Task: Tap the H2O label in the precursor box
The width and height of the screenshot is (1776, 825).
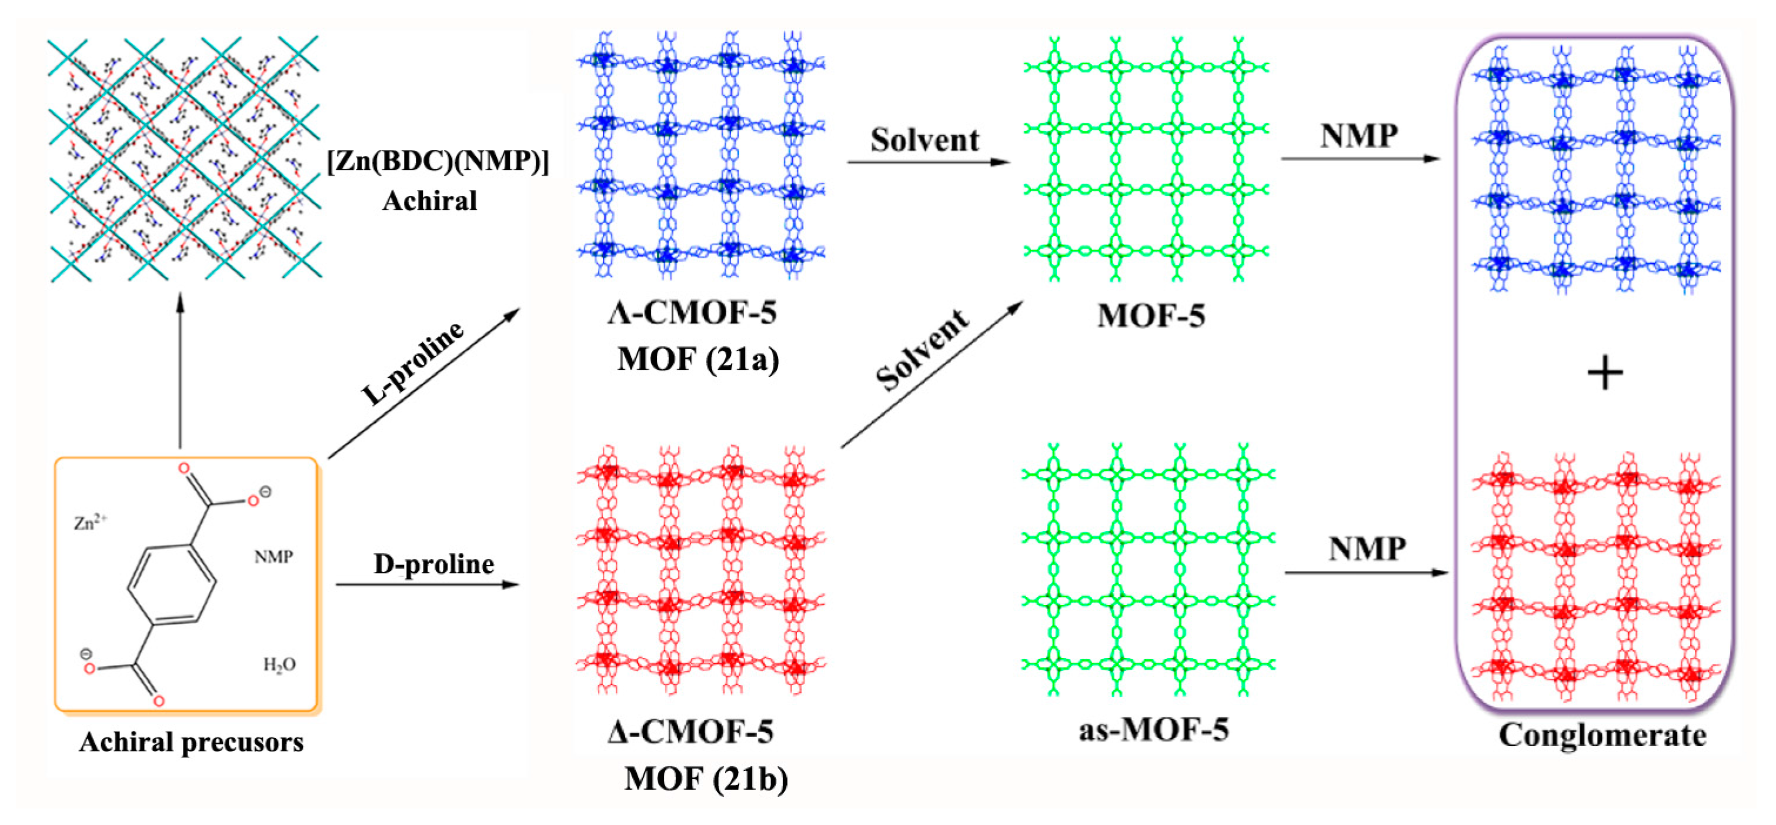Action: click(x=279, y=664)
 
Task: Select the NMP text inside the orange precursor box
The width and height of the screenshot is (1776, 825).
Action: click(x=273, y=556)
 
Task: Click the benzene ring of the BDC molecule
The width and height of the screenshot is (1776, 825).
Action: click(x=172, y=585)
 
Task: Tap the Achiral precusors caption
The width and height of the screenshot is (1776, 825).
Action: click(x=191, y=742)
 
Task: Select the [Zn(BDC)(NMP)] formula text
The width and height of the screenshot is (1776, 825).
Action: click(x=438, y=161)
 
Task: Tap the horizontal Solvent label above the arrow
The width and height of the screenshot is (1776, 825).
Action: click(x=924, y=141)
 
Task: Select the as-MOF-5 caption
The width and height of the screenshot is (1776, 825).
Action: click(x=1153, y=730)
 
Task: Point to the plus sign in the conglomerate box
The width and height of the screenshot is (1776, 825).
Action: click(x=1605, y=374)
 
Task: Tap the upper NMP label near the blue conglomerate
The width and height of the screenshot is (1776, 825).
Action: click(x=1359, y=136)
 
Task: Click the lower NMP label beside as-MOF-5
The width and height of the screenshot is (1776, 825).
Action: click(x=1367, y=549)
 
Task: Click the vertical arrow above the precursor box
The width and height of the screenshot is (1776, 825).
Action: click(x=181, y=372)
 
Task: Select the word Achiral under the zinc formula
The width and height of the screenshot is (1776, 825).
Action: click(x=429, y=201)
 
